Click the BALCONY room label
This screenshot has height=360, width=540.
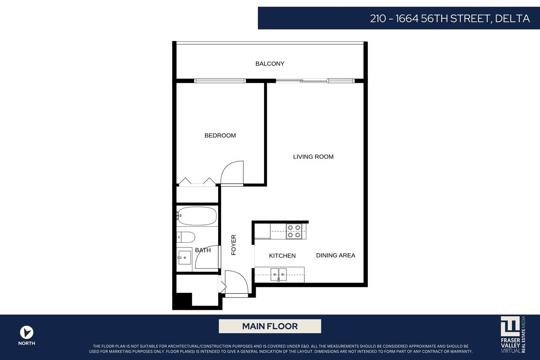coord(270,64)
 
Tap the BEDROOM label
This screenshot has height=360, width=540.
coord(220,135)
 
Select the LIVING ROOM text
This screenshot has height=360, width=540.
coord(313,157)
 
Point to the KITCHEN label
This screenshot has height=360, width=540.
coord(282,256)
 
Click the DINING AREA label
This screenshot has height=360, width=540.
coord(335,255)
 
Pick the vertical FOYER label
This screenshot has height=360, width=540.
coord(234,245)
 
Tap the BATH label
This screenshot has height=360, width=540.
coord(202,250)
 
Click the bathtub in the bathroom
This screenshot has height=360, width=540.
coord(197,216)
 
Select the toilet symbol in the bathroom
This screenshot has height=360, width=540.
coord(186,237)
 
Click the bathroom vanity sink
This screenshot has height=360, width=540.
coord(184,257)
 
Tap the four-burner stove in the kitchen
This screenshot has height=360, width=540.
coord(294,231)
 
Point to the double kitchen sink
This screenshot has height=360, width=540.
coord(278,274)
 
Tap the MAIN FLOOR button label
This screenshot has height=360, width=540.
coord(270,326)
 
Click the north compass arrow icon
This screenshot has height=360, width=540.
coord(27,332)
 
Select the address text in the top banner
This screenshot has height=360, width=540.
coord(450,19)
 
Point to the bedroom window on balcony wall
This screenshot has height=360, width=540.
coord(220,81)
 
